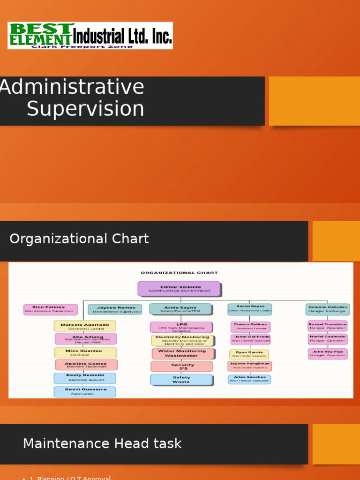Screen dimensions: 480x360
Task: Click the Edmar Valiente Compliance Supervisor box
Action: tap(179, 289)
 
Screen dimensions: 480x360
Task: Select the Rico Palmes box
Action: tap(50, 309)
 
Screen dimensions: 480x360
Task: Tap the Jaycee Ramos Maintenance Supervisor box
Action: tap(115, 309)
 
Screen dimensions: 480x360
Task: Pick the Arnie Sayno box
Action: tap(180, 309)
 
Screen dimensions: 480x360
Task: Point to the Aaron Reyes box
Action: tap(249, 308)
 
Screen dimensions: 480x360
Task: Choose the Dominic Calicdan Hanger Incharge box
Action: tap(328, 309)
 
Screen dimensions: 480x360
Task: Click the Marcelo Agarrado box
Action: tap(85, 326)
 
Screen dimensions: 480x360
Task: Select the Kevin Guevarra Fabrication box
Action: tap(85, 391)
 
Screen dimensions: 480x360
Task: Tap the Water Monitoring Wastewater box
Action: tap(182, 353)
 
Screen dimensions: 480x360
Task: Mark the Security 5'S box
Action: tap(182, 367)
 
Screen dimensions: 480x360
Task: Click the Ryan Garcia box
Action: tap(249, 354)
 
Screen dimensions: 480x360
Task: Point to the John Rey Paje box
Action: tap(328, 353)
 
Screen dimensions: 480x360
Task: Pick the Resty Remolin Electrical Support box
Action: tap(85, 378)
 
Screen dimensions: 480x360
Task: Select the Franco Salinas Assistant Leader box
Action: tap(250, 326)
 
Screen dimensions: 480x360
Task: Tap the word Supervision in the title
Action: tap(85, 109)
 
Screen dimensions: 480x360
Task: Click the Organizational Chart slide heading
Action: tap(79, 239)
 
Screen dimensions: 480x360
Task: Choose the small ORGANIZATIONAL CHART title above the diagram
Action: tap(180, 272)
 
